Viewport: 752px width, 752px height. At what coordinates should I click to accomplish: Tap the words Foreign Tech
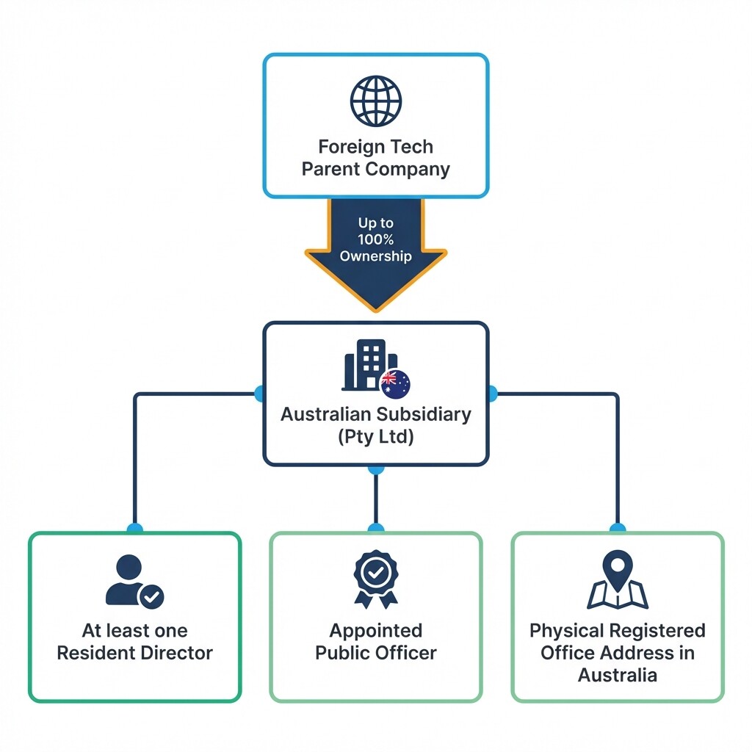375,146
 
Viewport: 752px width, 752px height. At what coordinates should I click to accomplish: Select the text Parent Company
375,169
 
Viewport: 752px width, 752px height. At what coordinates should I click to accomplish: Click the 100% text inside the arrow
375,239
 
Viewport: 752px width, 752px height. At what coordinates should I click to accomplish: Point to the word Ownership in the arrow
375,256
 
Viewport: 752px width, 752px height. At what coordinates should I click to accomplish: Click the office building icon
364,364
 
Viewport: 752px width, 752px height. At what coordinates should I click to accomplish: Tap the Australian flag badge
395,383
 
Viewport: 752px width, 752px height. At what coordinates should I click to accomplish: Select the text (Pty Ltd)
375,437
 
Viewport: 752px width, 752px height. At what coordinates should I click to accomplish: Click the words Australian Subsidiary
375,414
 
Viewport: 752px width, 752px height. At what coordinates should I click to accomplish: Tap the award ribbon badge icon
375,579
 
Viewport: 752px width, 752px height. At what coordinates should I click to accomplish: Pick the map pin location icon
618,579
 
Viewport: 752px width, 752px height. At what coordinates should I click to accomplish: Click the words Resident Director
134,653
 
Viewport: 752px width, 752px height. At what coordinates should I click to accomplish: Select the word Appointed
375,631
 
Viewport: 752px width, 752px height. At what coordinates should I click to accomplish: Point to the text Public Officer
375,653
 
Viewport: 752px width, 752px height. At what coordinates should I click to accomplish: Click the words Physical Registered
617,631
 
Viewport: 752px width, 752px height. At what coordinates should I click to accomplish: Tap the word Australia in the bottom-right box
617,676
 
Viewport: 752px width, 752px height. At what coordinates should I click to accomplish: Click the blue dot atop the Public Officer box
375,528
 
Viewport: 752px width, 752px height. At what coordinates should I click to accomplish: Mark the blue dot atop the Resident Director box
134,528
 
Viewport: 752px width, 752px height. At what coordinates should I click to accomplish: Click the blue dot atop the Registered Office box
618,528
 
